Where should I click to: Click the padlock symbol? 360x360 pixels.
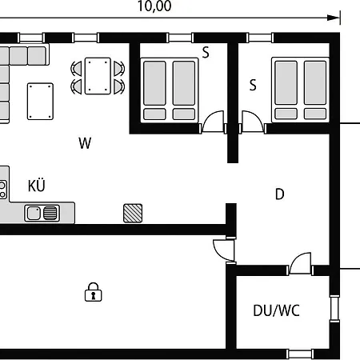pos(93,292)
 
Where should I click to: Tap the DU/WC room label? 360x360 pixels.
pos(276,310)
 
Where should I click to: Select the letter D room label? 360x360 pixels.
pos(279,194)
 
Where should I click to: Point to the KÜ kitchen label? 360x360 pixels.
pos(37,185)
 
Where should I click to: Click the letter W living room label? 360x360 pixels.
pos(85,143)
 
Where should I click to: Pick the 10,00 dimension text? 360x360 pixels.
pos(154,6)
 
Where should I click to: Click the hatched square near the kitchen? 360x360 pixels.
pos(133,213)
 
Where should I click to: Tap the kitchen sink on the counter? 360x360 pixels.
pos(42,213)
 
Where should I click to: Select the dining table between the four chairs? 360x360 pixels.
pos(98,76)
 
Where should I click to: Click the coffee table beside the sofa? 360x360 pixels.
pos(40,102)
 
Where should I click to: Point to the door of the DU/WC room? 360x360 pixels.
pos(300,263)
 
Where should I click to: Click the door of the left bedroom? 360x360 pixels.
pos(213,122)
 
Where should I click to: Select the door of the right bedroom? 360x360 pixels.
pos(253,122)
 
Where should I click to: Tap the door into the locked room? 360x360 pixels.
pos(224,250)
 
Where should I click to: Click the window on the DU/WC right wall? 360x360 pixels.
pos(334,308)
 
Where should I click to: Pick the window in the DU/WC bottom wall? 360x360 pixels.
pos(300,354)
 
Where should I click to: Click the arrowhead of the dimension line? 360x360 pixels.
pos(334,18)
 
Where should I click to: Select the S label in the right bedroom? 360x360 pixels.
pos(253,85)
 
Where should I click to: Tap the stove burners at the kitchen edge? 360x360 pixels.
pos(2,190)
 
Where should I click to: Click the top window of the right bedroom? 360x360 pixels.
pos(260,38)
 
